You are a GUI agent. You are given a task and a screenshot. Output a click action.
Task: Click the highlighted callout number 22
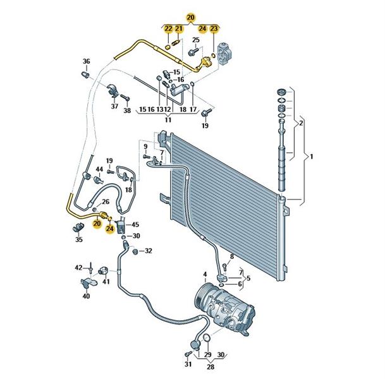(x=168, y=28)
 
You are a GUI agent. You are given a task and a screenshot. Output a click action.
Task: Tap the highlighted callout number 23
(x=214, y=28)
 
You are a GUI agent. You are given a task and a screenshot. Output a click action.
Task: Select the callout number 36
(x=87, y=61)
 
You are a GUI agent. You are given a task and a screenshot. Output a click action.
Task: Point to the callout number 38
(x=126, y=111)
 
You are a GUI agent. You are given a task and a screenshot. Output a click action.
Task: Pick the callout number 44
(x=99, y=170)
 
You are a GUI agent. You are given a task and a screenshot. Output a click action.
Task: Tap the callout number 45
(x=135, y=224)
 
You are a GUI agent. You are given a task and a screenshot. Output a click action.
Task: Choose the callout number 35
(x=78, y=239)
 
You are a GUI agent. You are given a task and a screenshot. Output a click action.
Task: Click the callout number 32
(x=148, y=251)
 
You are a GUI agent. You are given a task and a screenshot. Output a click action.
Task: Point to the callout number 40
(x=86, y=296)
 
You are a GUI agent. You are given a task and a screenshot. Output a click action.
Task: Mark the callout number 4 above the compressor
(x=204, y=274)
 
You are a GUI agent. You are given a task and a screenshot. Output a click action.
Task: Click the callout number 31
(x=187, y=364)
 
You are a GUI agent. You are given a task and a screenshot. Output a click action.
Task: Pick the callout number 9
(x=145, y=147)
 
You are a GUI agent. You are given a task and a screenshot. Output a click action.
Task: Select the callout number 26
(x=106, y=202)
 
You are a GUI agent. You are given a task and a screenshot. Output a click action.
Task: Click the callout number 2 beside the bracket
(x=302, y=123)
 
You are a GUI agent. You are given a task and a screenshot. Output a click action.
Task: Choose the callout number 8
(x=231, y=256)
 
